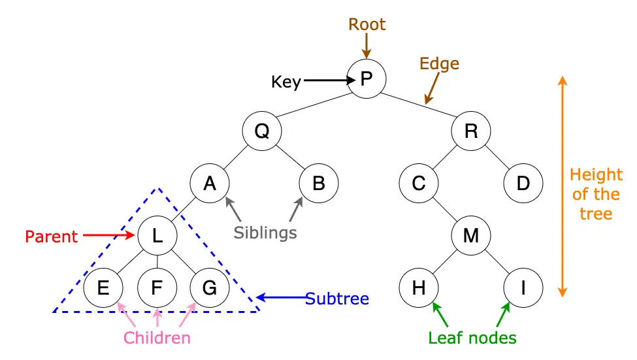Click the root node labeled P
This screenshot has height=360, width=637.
(x=367, y=79)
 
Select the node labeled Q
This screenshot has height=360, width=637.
(x=262, y=131)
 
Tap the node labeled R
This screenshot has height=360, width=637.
(x=471, y=131)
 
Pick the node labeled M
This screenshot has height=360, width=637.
(x=471, y=235)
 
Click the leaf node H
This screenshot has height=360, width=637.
(x=419, y=287)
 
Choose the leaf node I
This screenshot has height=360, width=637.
(x=523, y=287)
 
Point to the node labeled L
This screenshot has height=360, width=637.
(x=157, y=235)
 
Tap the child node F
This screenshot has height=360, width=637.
(x=157, y=287)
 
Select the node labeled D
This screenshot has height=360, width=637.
(x=523, y=183)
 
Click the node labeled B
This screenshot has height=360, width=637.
(x=319, y=183)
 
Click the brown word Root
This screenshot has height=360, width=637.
(x=367, y=25)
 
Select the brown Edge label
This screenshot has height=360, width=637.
(x=439, y=64)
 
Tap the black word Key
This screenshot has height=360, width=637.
(x=286, y=82)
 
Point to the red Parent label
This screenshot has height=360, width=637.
(x=52, y=236)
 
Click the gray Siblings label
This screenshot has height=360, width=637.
(x=265, y=233)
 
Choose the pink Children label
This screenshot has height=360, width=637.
(x=157, y=338)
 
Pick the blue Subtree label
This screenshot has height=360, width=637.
(x=337, y=299)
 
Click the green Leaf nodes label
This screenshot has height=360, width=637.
(x=472, y=338)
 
